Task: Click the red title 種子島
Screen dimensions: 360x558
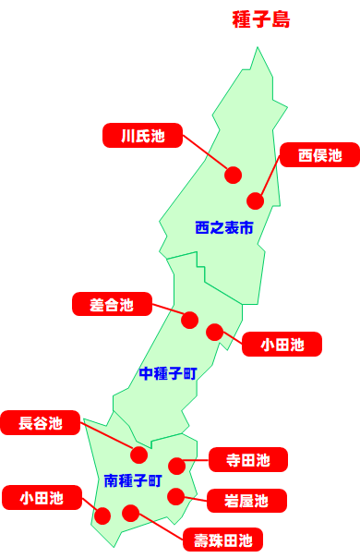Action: [261, 20]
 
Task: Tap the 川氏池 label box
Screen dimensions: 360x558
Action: [142, 136]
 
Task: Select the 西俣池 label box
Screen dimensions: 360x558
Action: [319, 155]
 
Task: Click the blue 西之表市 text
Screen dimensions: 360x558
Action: [224, 226]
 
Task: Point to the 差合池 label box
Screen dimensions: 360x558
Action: [112, 304]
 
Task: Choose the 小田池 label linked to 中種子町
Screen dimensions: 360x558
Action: [282, 345]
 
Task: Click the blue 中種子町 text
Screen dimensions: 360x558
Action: [168, 373]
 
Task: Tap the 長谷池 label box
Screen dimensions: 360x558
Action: [42, 423]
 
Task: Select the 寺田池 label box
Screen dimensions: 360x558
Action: [249, 459]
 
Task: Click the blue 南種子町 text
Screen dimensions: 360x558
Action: [133, 480]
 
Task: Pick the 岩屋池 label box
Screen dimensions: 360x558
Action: [246, 501]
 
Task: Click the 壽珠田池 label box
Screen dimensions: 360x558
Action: [222, 539]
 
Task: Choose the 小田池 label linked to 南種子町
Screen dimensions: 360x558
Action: [42, 498]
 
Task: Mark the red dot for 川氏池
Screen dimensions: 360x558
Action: [233, 174]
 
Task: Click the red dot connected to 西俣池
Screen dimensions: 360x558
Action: [256, 200]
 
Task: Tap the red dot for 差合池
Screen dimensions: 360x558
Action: [189, 320]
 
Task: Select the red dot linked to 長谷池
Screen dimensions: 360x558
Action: [139, 454]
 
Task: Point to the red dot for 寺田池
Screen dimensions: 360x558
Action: [176, 466]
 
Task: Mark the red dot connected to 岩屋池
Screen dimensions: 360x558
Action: [175, 496]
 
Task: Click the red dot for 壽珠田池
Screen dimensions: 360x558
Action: [130, 513]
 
